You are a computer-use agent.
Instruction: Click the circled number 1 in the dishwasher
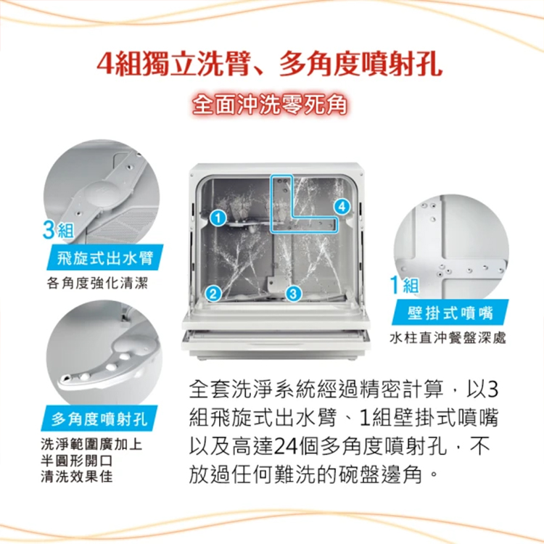pyautogui.click(x=218, y=218)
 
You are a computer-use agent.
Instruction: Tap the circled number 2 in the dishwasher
pyautogui.click(x=213, y=294)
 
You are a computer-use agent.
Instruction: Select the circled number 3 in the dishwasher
pyautogui.click(x=294, y=294)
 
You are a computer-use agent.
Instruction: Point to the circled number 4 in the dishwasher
pyautogui.click(x=342, y=207)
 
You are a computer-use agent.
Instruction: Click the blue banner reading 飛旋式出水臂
pyautogui.click(x=104, y=257)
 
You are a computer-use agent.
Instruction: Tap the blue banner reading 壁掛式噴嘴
pyautogui.click(x=450, y=313)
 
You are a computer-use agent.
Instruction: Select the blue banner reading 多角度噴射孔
pyautogui.click(x=99, y=419)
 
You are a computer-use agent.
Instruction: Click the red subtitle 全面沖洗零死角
pyautogui.click(x=270, y=104)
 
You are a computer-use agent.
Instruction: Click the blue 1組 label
pyautogui.click(x=405, y=285)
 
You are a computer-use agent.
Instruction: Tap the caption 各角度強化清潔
pyautogui.click(x=97, y=283)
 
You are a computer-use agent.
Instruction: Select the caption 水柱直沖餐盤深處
pyautogui.click(x=448, y=337)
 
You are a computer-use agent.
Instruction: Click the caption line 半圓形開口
pyautogui.click(x=77, y=461)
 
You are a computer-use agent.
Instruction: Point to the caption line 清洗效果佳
pyautogui.click(x=77, y=477)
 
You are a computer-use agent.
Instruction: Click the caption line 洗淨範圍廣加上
pyautogui.click(x=91, y=445)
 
